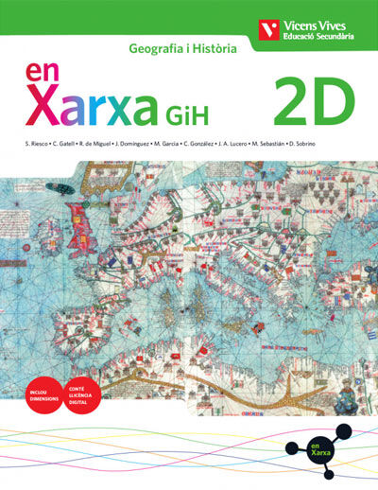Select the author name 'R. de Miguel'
97,144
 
